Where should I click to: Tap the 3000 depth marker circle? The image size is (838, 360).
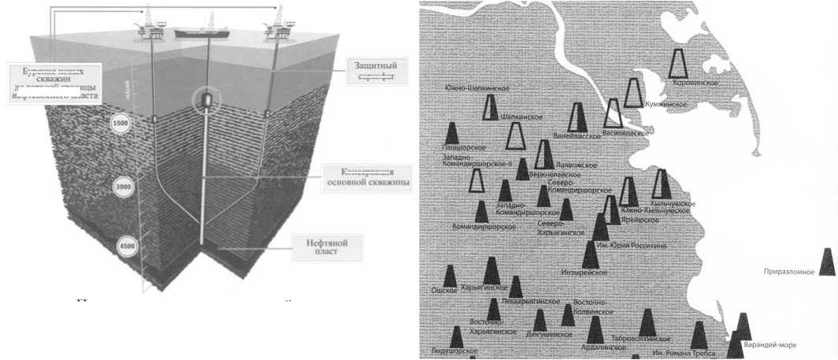pyautogui.click(x=123, y=188)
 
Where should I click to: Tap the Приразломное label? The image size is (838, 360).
pyautogui.click(x=788, y=272)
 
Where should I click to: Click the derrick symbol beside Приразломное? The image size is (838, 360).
pyautogui.click(x=827, y=262)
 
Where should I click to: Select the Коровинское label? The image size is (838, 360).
pyautogui.click(x=693, y=81)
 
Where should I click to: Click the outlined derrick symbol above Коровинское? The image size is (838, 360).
pyautogui.click(x=679, y=62)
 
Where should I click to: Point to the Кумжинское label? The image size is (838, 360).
pyautogui.click(x=665, y=104)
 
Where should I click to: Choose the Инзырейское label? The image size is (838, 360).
pyautogui.click(x=583, y=272)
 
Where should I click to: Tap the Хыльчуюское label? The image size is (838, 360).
pyautogui.click(x=673, y=203)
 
